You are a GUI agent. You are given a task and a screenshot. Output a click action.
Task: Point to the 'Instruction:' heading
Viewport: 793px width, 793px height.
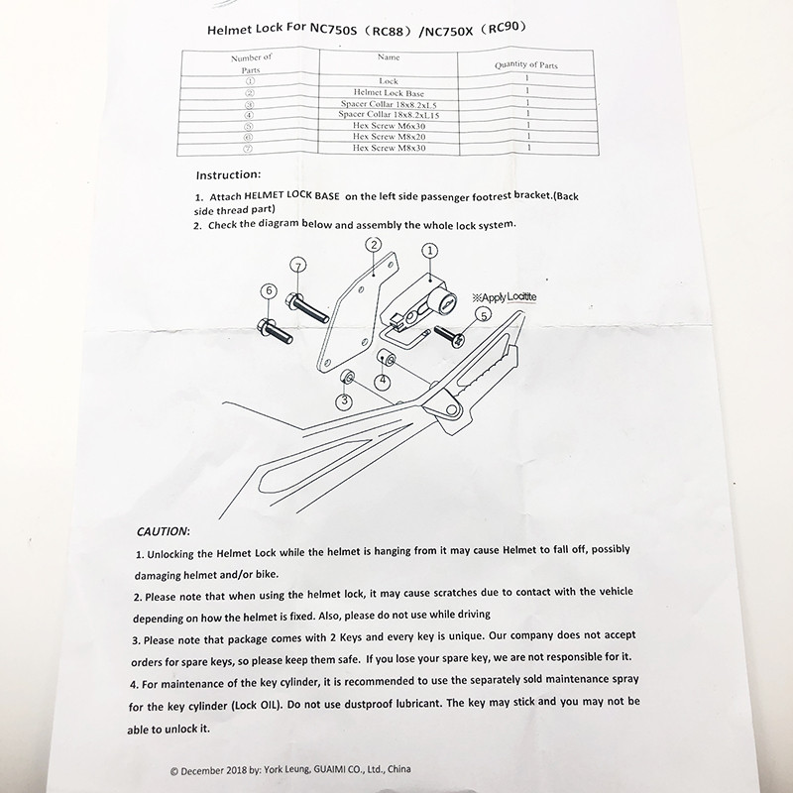pyautogui.click(x=235, y=173)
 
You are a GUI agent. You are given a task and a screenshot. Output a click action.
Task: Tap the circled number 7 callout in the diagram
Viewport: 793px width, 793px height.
pyautogui.click(x=299, y=266)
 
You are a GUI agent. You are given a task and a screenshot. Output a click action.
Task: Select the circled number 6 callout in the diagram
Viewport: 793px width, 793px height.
pyautogui.click(x=268, y=290)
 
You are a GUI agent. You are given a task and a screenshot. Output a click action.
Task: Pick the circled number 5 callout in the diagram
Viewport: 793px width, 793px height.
pyautogui.click(x=483, y=315)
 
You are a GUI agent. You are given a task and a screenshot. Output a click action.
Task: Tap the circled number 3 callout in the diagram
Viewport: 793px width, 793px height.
pyautogui.click(x=343, y=400)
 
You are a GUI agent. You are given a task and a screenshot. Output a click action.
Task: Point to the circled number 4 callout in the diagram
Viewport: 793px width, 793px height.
pyautogui.click(x=382, y=380)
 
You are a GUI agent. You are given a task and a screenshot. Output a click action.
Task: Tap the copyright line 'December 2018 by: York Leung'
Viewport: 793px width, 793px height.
pyautogui.click(x=292, y=768)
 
